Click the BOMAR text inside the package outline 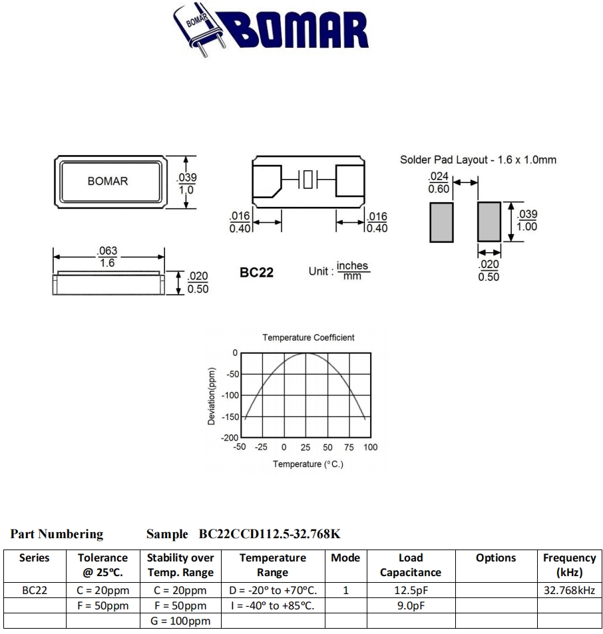click(108, 181)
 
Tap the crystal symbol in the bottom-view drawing click(307, 180)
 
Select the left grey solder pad click(441, 222)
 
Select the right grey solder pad click(489, 222)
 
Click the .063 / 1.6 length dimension click(107, 257)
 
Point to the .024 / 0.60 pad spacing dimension click(439, 182)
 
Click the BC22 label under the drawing click(256, 273)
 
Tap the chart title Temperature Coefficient click(308, 337)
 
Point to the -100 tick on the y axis click(230, 395)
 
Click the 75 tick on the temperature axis click(349, 447)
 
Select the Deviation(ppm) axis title click(212, 396)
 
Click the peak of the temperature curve click(306, 353)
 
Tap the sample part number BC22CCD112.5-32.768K click(270, 534)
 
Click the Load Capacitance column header click(410, 565)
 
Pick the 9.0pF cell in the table click(411, 605)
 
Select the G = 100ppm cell click(180, 621)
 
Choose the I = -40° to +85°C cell click(272, 605)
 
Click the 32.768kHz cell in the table click(569, 590)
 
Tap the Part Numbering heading click(57, 534)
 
